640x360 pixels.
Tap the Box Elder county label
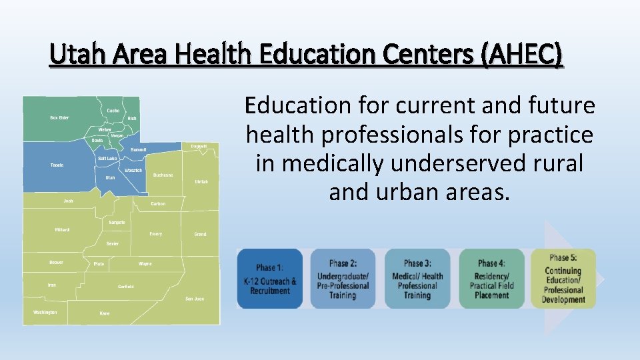(59, 118)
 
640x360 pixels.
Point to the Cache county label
(113, 111)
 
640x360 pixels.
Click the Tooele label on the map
(57, 165)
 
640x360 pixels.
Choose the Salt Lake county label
(107, 159)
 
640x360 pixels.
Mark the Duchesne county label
(163, 175)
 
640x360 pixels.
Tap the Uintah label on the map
(201, 181)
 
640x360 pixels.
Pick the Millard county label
(62, 230)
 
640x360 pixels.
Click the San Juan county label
(195, 299)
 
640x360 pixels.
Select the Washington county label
(45, 312)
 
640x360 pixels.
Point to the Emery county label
(155, 234)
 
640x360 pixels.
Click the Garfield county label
(126, 287)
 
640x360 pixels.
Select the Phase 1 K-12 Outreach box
(270, 279)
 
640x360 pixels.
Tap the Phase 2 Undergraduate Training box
(343, 279)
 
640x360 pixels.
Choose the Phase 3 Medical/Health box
(417, 279)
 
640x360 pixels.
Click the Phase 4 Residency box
(491, 279)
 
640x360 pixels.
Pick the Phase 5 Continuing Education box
(563, 279)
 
